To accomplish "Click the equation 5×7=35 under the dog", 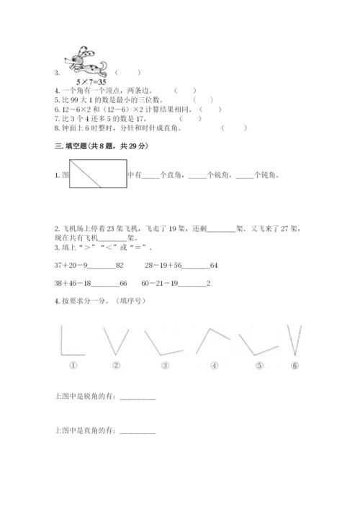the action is coord(85,82).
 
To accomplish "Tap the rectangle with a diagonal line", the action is coord(97,174).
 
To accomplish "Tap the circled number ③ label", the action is coord(165,365).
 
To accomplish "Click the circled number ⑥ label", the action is coord(294,365).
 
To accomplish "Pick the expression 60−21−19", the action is coord(160,283).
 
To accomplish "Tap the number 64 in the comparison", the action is coord(214,266).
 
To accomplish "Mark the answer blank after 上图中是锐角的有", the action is coord(137,398).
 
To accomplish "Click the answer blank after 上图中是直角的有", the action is coord(137,431).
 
